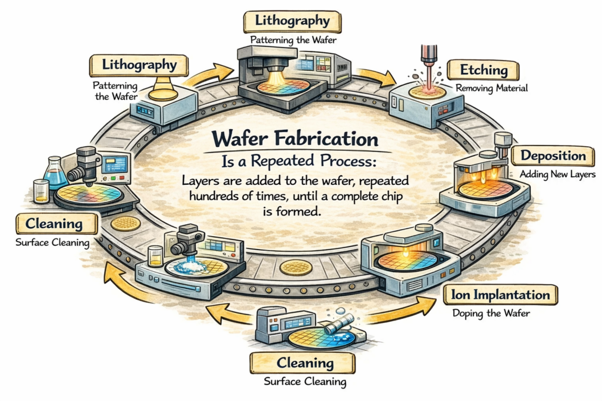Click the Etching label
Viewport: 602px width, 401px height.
click(x=484, y=70)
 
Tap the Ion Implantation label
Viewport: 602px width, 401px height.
click(x=501, y=294)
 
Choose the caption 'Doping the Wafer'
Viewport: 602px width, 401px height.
click(x=491, y=313)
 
